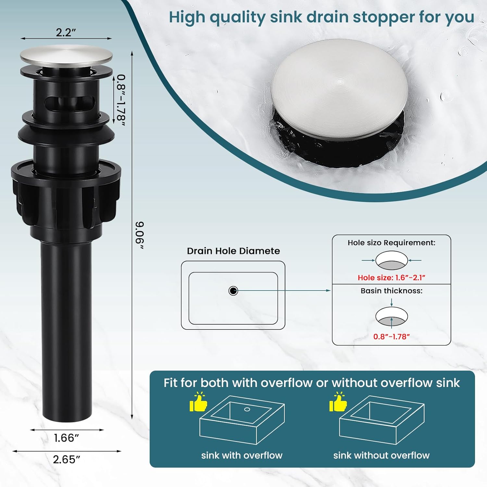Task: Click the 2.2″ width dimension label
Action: tap(66, 32)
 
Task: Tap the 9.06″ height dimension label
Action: tap(140, 235)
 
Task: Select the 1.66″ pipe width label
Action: tap(67, 438)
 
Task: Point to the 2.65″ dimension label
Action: tap(67, 459)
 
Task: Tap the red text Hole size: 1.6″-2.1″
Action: tap(392, 278)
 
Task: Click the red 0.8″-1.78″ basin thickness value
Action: tap(392, 337)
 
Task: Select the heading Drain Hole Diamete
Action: tap(233, 251)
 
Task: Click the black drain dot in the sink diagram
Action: tap(233, 291)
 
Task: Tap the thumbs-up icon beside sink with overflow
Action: tap(198, 402)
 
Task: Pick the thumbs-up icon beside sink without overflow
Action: tap(338, 402)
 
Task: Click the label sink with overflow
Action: tap(242, 455)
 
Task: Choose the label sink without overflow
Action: tap(381, 455)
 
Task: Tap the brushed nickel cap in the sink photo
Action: tap(339, 89)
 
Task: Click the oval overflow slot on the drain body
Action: tap(69, 103)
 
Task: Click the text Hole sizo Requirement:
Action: tap(392, 243)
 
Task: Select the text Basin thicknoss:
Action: tap(392, 291)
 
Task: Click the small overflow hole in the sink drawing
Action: tap(247, 409)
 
